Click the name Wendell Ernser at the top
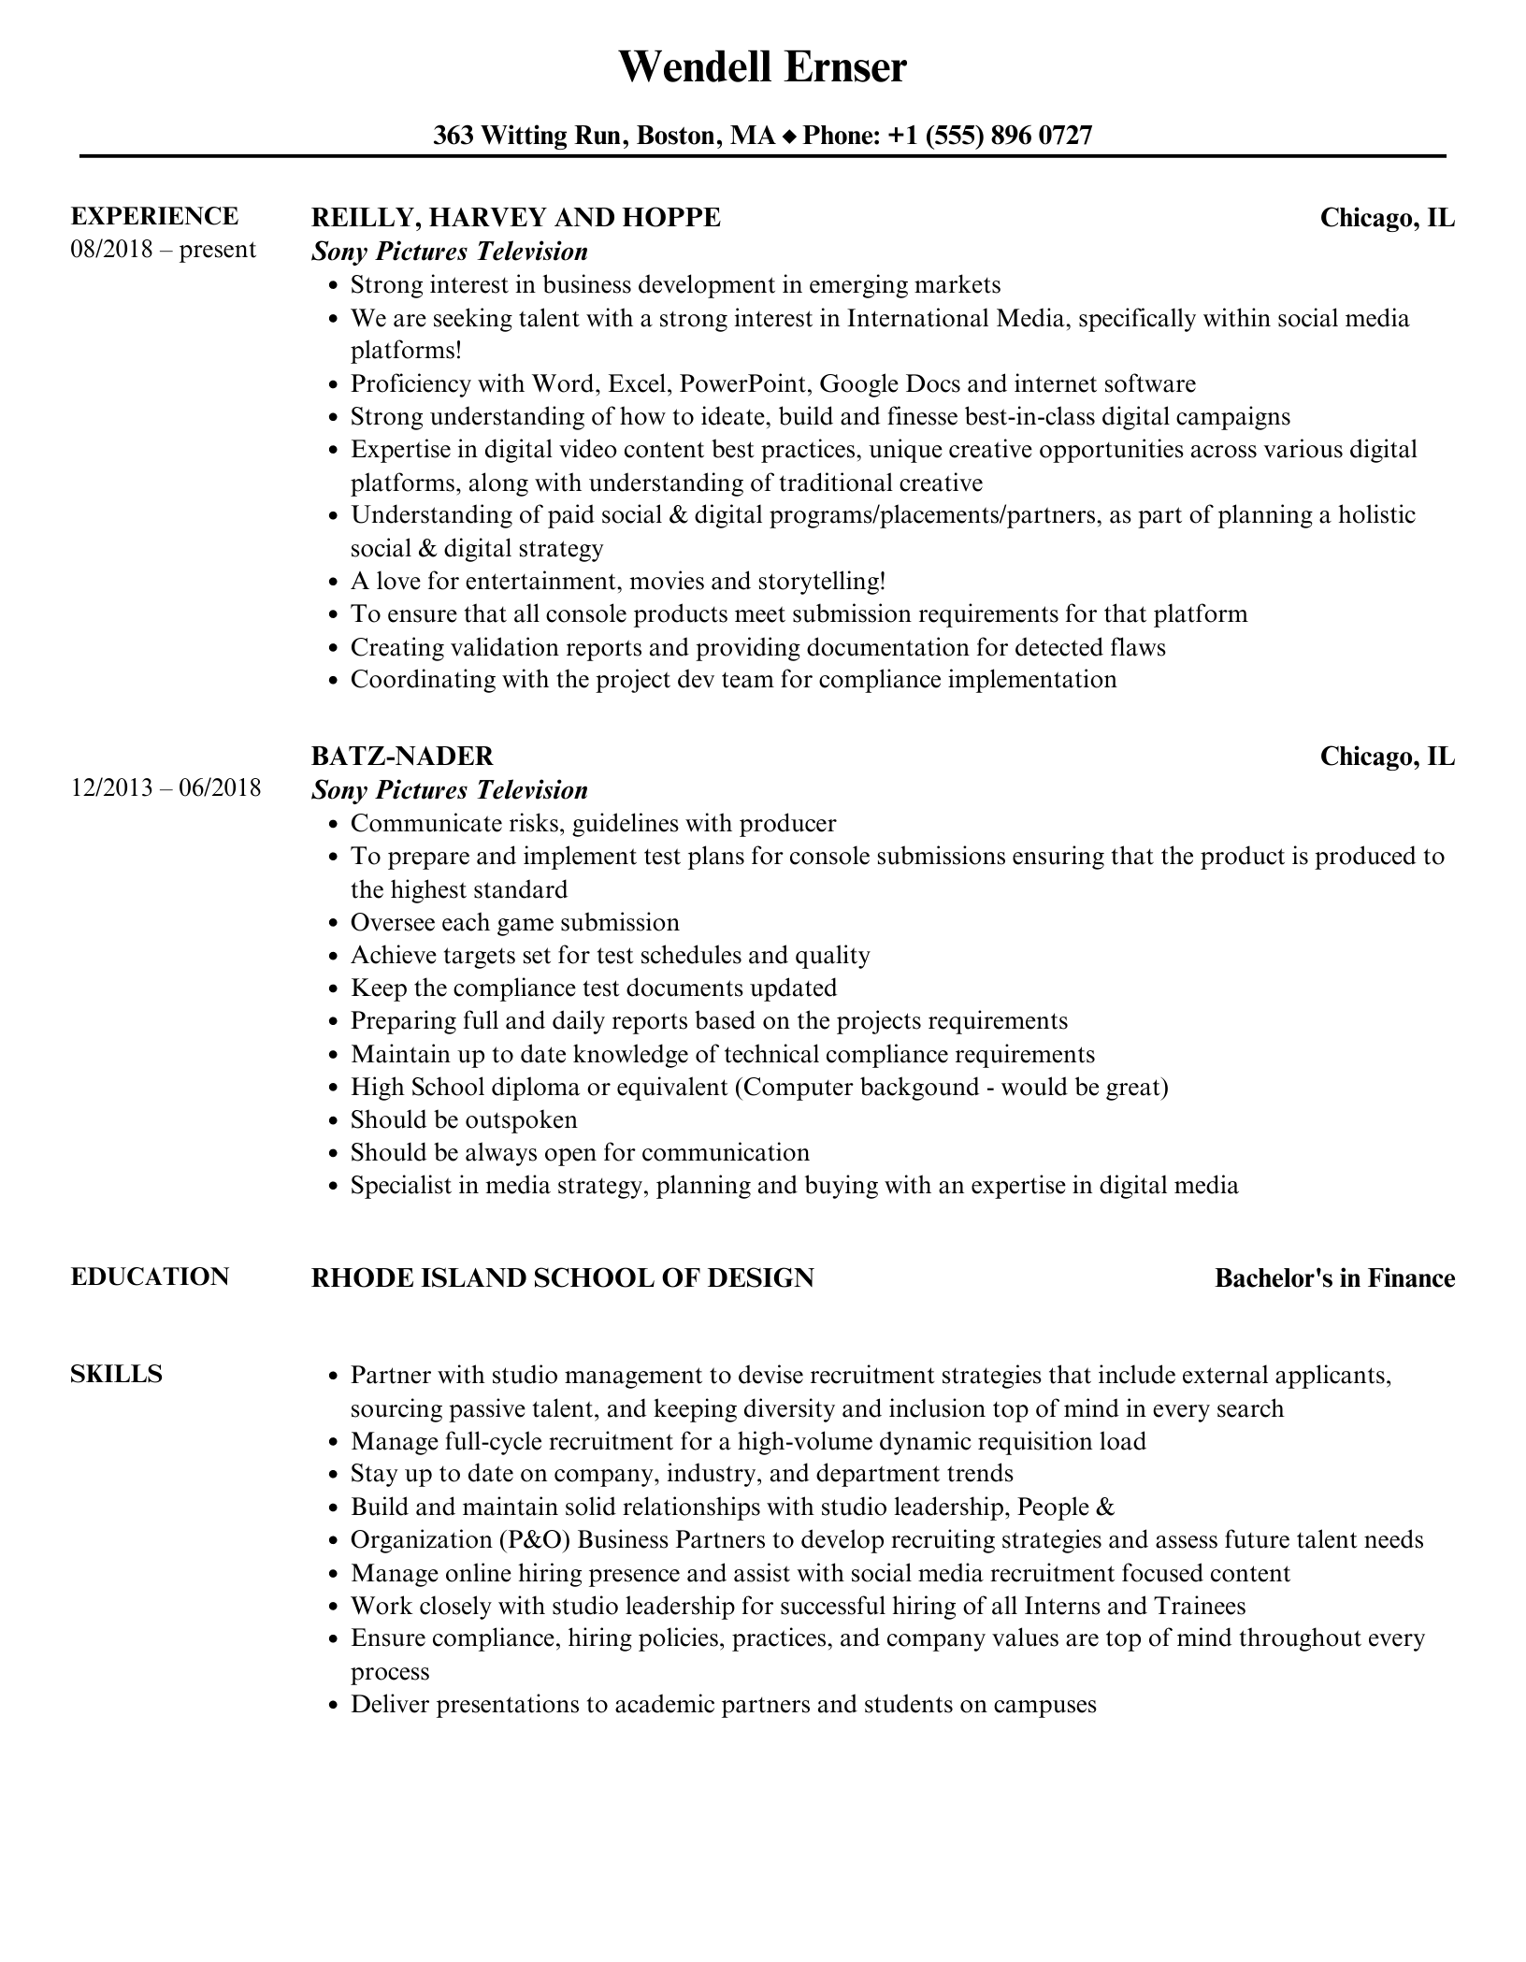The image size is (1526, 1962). tap(762, 67)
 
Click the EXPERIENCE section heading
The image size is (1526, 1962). tap(154, 217)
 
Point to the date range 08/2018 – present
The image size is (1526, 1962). tap(163, 250)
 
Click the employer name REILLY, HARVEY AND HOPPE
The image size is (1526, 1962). tap(515, 218)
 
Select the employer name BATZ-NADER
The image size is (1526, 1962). tap(402, 756)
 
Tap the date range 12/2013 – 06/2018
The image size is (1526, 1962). tap(166, 787)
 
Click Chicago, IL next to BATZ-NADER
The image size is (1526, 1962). tap(1387, 756)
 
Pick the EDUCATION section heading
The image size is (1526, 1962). tap(150, 1277)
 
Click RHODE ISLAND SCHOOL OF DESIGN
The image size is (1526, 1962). tap(562, 1277)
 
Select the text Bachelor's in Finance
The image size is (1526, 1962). tap(1334, 1278)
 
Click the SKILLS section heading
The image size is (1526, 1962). tap(116, 1374)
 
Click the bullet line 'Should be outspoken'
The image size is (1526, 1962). tap(464, 1119)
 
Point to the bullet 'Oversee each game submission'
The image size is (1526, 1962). tap(514, 922)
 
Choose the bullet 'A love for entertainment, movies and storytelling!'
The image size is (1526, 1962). tap(617, 581)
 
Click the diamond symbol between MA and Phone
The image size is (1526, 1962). tap(789, 137)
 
